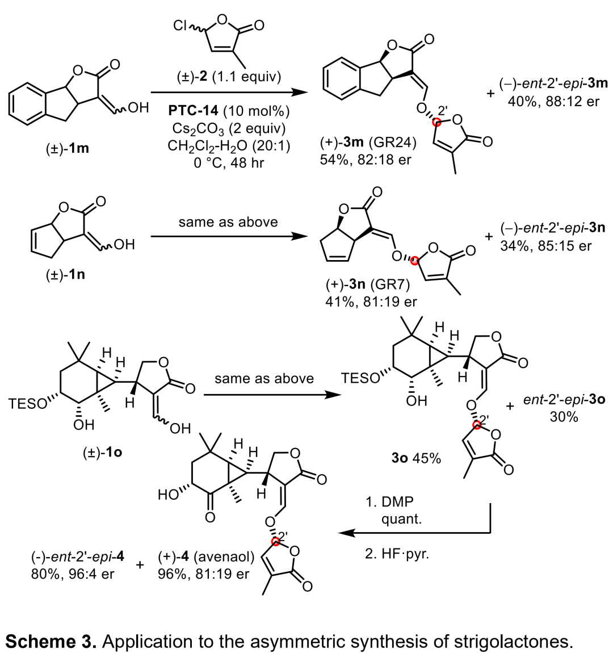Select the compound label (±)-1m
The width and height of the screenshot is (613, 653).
(66, 150)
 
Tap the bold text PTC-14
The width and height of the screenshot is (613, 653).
(196, 110)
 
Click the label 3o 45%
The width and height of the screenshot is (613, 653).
(414, 458)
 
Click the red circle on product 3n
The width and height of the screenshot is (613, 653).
(415, 260)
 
